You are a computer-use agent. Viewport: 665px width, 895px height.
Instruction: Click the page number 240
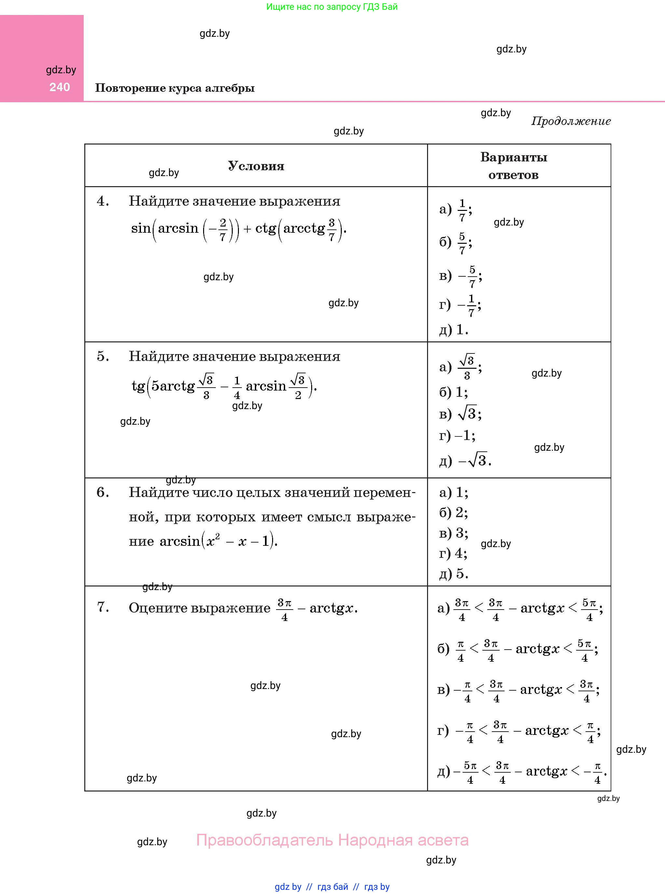[x=60, y=87]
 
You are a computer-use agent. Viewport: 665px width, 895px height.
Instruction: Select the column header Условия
[x=256, y=166]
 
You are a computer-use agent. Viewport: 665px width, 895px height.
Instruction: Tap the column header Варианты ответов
[x=513, y=166]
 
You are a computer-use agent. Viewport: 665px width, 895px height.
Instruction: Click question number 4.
[x=103, y=201]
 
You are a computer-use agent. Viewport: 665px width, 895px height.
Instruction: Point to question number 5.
[x=103, y=356]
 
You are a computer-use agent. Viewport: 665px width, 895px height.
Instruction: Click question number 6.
[x=103, y=492]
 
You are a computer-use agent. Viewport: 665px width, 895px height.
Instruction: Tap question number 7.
[x=103, y=607]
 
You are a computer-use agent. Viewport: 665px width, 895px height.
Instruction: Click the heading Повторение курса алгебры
[x=175, y=88]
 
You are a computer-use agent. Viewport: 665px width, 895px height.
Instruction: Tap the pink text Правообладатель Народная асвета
[x=332, y=840]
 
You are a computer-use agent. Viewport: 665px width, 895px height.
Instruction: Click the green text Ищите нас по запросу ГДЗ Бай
[x=332, y=7]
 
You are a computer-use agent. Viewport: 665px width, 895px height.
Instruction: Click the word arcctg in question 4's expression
[x=304, y=228]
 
